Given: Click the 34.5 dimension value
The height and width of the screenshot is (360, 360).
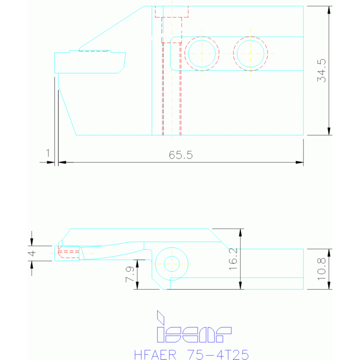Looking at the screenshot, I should pos(322,71).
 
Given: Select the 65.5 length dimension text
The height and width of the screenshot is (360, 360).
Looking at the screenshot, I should pos(181,155).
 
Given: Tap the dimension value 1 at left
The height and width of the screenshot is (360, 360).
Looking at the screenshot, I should pos(47,153).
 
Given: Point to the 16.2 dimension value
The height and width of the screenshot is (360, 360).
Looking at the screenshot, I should pos(233,259).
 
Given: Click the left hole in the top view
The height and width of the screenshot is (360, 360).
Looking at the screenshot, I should pos(202,54).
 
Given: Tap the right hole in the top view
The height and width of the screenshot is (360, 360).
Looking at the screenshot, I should pos(250,54).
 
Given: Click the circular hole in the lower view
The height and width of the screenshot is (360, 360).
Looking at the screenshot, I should pos(171,263).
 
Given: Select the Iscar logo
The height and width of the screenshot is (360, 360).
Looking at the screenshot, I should pos(193,327).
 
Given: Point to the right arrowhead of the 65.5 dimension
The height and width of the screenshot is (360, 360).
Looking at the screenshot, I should pos(299,162).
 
